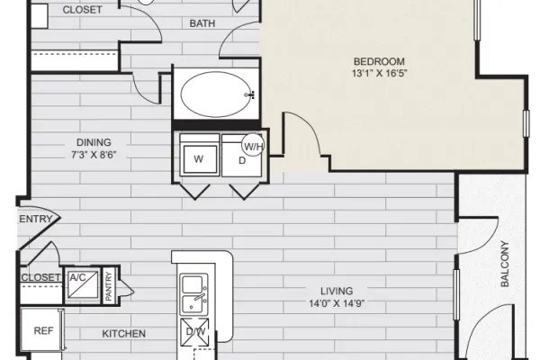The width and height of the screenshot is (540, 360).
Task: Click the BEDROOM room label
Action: tap(379, 61)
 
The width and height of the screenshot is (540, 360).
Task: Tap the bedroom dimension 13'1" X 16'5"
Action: tap(379, 74)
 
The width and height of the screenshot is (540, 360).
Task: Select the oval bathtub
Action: tap(217, 94)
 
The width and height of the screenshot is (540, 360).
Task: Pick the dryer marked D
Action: tap(242, 157)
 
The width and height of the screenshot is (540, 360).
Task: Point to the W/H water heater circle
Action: tap(253, 145)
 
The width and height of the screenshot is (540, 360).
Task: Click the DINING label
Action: tap(94, 142)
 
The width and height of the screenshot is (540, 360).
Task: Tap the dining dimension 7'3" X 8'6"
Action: tap(94, 155)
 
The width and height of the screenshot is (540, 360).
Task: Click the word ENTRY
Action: tap(35, 219)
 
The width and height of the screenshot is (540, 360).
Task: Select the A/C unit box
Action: tap(83, 285)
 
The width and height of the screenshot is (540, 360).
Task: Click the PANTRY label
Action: tap(109, 286)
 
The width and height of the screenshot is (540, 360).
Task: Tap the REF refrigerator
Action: tap(42, 329)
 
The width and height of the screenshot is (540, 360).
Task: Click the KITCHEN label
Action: tap(124, 334)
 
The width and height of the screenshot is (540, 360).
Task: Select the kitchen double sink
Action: tap(194, 294)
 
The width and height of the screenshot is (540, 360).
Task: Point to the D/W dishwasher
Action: tap(195, 332)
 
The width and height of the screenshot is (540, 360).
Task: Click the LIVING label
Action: tap(337, 291)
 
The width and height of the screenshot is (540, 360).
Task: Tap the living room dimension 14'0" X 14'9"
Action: tap(337, 303)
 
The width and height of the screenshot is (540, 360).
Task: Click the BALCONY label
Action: tap(505, 264)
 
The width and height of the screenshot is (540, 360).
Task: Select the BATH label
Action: tap(202, 23)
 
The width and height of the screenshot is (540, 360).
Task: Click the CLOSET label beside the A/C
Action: tap(40, 277)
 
